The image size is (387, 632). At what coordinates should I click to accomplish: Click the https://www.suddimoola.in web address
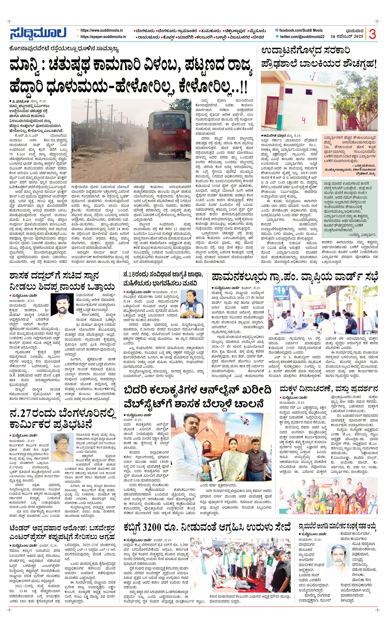pyautogui.click(x=101, y=30)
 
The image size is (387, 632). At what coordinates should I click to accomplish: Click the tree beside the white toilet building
pyautogui.click(x=354, y=103)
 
